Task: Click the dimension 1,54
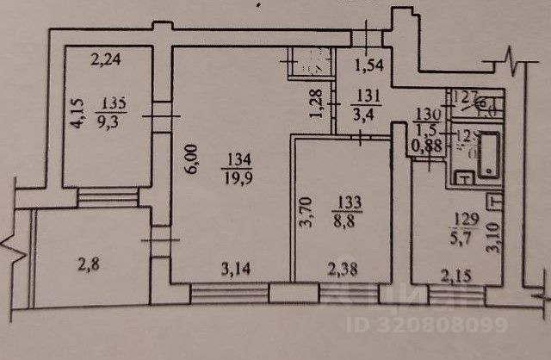click(x=369, y=65)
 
